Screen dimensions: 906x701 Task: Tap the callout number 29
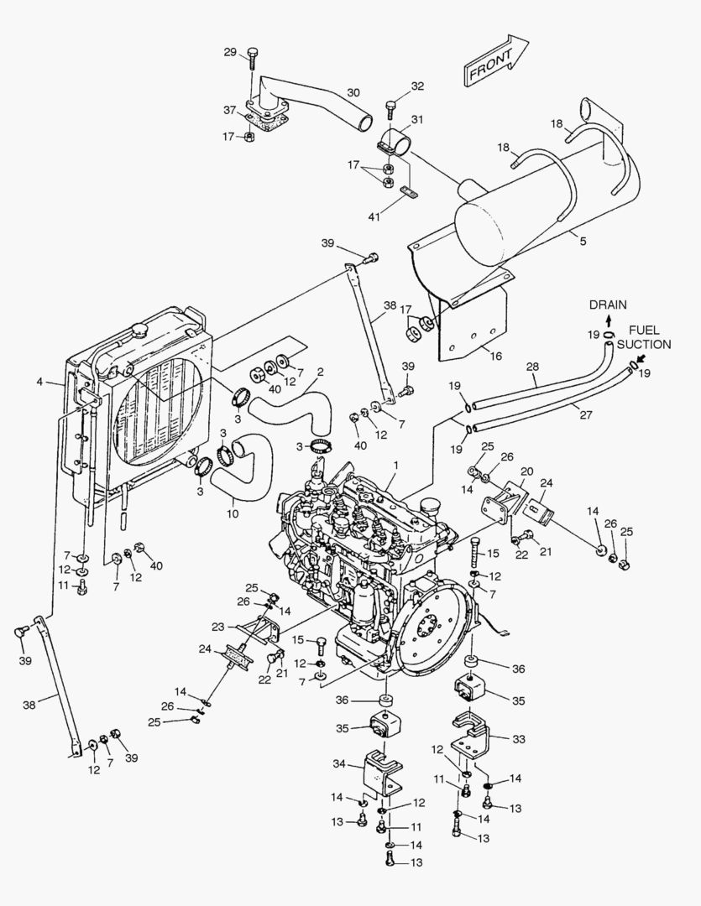pyautogui.click(x=230, y=53)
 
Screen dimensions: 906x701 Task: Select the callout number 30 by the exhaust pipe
pyautogui.click(x=353, y=92)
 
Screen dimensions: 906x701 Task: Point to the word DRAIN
pyautogui.click(x=607, y=305)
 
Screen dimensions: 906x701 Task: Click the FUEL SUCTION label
pyautogui.click(x=644, y=337)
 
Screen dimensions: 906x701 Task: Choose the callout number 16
pyautogui.click(x=495, y=356)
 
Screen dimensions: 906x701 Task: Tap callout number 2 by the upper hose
pyautogui.click(x=319, y=372)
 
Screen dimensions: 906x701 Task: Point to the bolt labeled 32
pyautogui.click(x=390, y=108)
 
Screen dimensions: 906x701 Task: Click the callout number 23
pyautogui.click(x=217, y=627)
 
